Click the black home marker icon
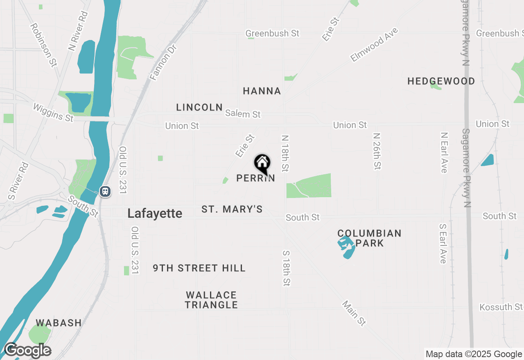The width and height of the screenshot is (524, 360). coord(262,164)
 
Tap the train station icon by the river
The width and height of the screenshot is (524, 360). coord(105,191)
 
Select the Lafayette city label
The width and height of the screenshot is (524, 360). coord(155,213)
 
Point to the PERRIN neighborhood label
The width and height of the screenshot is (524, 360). coord(255,178)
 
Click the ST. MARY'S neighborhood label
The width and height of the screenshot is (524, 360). coord(232,209)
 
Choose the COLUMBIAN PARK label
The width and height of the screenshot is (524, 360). coord(369,238)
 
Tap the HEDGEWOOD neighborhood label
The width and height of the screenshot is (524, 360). coord(441,81)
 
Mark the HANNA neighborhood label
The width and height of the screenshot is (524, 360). coord(262,91)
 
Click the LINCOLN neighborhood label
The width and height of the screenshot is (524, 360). coord(199,107)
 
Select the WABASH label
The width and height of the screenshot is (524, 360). coord(59,323)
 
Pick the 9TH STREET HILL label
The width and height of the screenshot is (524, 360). coord(199,268)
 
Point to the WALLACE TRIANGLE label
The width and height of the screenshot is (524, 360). coord(211,300)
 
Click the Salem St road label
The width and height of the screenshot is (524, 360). coord(243,114)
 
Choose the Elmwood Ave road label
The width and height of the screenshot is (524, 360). coord(374,45)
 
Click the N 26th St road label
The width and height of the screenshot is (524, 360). coord(377,151)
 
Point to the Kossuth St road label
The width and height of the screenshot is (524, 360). coord(501,307)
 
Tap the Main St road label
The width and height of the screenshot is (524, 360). coord(354,313)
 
